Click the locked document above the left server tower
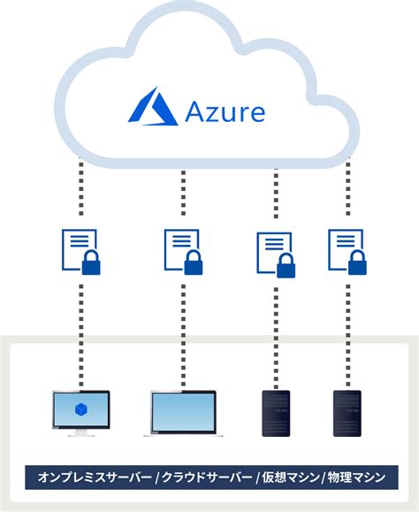275,254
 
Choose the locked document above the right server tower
347,251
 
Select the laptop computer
184,414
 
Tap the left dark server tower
275,414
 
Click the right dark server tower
347,414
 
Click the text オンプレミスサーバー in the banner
94,478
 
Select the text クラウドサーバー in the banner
206,478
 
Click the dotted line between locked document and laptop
184,332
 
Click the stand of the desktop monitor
80,432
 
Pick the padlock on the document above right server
358,263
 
